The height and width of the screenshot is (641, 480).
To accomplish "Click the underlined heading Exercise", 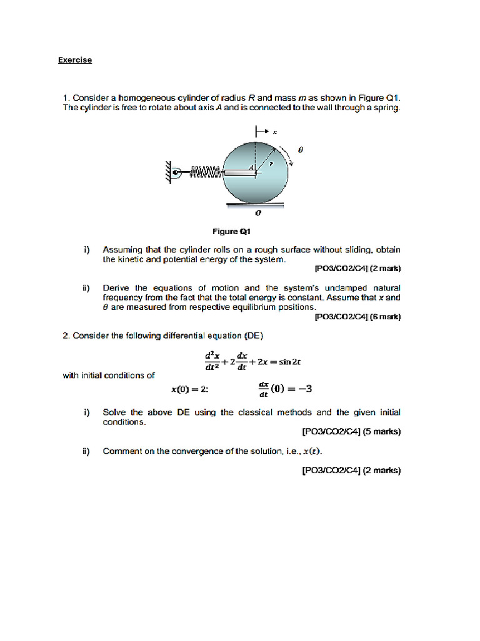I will (x=75, y=60).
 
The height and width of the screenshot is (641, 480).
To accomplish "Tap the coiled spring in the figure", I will (x=202, y=172).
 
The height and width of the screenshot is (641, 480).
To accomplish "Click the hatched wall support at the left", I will (x=167, y=171).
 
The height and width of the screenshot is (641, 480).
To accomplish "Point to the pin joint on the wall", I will (x=177, y=172).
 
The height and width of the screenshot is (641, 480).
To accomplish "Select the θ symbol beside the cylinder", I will (x=300, y=150).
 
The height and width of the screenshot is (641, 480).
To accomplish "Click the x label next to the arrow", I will (x=275, y=132).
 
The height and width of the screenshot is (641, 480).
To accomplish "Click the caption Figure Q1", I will (x=240, y=230).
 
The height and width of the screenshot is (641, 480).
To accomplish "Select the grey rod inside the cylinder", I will (x=237, y=172).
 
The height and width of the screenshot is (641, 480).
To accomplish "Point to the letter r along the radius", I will (x=271, y=162).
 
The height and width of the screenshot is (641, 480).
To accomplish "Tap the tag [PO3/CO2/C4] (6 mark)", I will (x=357, y=317).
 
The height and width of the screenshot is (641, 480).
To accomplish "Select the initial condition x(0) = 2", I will (x=189, y=389).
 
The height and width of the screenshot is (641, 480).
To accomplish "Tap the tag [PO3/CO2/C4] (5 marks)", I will (x=351, y=431).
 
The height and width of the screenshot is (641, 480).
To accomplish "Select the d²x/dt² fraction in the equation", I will (x=211, y=362).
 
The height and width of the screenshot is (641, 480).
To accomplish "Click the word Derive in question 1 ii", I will (x=116, y=288).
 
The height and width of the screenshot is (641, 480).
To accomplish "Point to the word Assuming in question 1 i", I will (x=121, y=249).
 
